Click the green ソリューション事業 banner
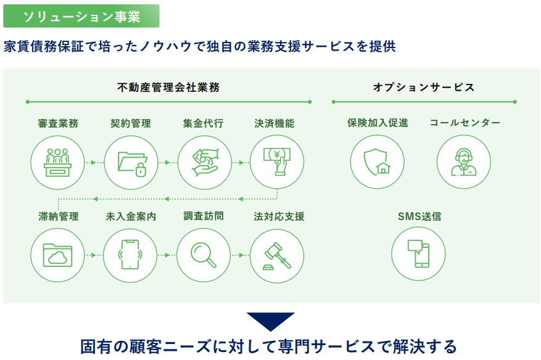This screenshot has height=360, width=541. coord(81,16)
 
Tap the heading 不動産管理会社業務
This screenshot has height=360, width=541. coord(168,88)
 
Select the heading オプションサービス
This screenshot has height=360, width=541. coord(424,88)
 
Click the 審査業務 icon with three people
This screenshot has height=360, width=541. coord(57,162)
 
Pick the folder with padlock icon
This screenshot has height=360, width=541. coord(131,162)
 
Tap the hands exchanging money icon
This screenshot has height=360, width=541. coord(205,162)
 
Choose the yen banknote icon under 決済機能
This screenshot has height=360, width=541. coord(277,162)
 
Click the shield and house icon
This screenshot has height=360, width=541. coord(377,162)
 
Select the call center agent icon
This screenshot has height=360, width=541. coord(464,162)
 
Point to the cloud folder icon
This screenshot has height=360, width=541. coord(57,255)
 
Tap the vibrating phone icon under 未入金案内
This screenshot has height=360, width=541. coord(130,255)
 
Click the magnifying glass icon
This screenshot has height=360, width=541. coord(204,255)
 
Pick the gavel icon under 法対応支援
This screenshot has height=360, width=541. coord(277,256)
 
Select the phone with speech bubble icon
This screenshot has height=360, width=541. coord(418,254)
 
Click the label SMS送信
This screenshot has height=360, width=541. coord(419,216)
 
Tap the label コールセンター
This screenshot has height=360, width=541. coord(465,123)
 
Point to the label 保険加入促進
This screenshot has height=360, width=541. coord(378,123)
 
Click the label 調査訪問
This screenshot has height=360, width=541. coord(204,216)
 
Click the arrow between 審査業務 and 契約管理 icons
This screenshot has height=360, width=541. coord(94,162)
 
